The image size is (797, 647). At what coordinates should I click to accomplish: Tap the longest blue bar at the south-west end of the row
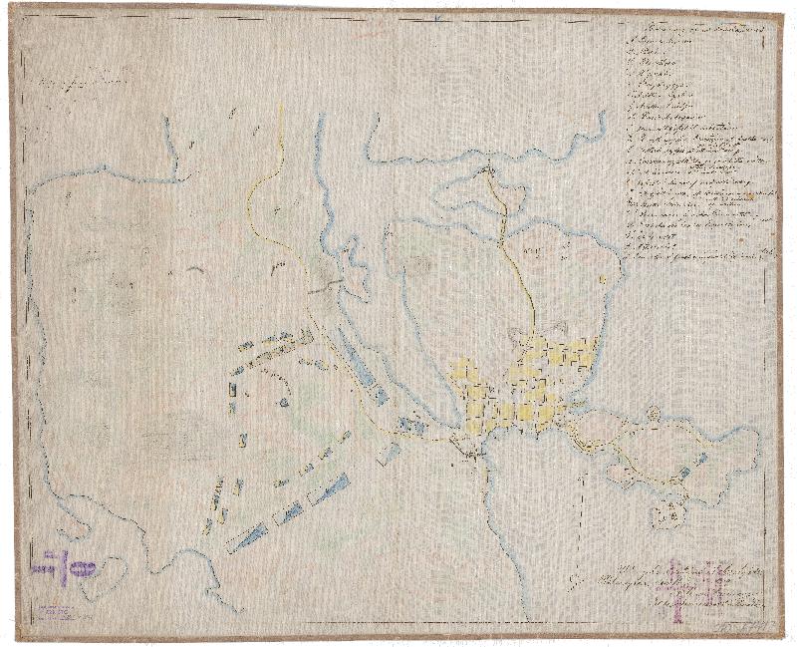click(x=248, y=537)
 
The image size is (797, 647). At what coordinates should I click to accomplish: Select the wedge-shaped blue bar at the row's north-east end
click(x=335, y=485)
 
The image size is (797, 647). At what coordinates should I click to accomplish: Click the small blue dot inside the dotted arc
click(x=284, y=403)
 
